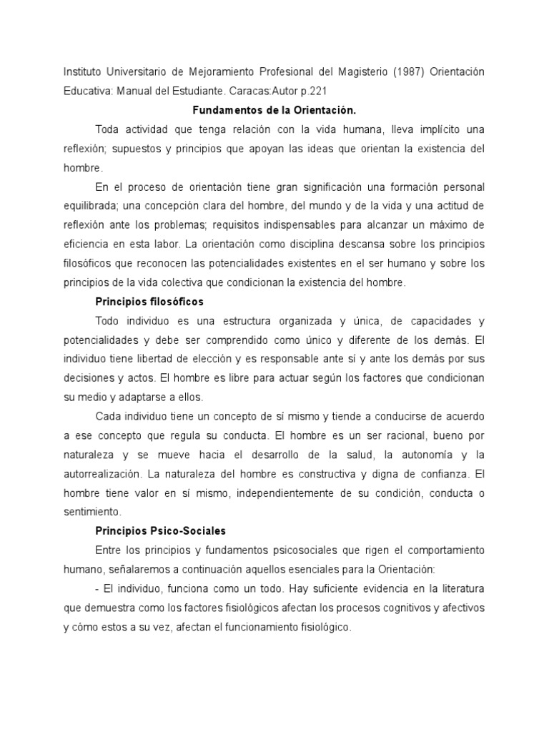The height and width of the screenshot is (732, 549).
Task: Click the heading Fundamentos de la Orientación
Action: point(274,110)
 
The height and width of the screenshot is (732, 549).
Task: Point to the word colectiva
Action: point(192,282)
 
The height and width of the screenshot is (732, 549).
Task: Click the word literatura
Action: point(459,588)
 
